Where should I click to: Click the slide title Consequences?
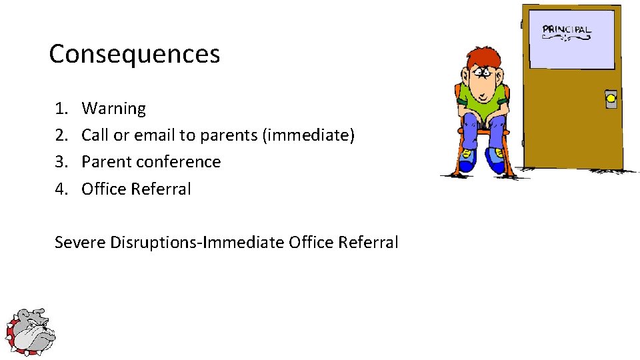(134, 54)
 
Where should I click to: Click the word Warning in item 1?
(113, 108)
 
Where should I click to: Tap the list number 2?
(61, 135)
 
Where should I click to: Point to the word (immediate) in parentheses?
(309, 135)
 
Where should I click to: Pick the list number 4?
(61, 189)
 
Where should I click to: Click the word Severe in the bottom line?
(80, 242)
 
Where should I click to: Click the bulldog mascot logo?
(30, 332)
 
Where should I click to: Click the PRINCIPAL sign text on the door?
(567, 30)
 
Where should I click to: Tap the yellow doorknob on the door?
(611, 100)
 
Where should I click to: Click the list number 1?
(61, 108)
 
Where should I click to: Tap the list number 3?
(61, 162)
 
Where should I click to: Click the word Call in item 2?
(95, 135)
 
